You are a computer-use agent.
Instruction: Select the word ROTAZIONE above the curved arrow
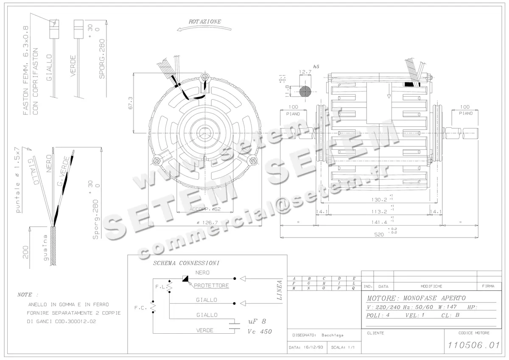click(x=205, y=21)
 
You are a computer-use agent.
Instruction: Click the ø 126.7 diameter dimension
click(x=207, y=222)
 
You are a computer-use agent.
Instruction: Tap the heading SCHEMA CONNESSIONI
click(x=186, y=263)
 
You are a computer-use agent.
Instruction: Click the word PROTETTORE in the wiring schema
click(x=211, y=285)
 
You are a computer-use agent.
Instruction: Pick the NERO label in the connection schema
click(x=202, y=273)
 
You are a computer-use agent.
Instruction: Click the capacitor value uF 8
click(x=257, y=322)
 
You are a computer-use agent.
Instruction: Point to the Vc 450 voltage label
click(x=259, y=332)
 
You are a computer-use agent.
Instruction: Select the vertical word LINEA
click(x=280, y=290)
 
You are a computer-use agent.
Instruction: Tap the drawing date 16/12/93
click(x=308, y=347)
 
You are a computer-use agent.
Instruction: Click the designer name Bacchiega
click(x=332, y=335)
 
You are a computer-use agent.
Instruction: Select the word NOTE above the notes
click(x=28, y=294)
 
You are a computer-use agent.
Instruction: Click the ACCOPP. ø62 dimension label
click(x=205, y=209)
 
